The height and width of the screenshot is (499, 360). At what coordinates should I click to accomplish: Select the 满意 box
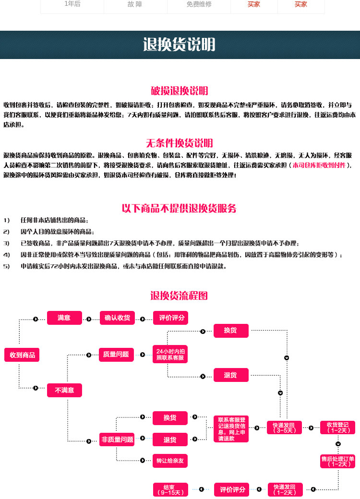click(64, 318)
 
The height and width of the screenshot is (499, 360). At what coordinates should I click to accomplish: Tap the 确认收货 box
click(117, 318)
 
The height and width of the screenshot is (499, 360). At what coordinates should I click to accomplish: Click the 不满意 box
click(64, 390)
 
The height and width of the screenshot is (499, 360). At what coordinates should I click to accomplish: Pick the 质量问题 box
click(116, 354)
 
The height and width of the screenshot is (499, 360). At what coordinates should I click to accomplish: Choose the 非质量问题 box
click(117, 439)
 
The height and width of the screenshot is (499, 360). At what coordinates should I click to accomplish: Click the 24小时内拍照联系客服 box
click(170, 355)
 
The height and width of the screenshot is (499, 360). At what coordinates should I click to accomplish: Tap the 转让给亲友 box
click(170, 461)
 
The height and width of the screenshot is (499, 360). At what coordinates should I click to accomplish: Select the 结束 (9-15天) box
click(170, 489)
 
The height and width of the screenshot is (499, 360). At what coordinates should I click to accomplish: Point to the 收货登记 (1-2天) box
click(338, 427)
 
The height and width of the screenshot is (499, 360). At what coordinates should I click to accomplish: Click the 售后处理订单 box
click(338, 461)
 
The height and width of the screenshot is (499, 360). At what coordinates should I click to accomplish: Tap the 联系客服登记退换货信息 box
click(232, 429)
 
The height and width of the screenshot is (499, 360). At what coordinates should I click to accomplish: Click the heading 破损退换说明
click(180, 91)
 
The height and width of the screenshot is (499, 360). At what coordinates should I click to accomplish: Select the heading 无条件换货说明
click(180, 143)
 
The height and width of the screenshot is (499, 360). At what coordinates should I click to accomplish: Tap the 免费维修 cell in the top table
click(199, 4)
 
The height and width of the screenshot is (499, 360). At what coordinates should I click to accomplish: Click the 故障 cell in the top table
click(135, 4)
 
